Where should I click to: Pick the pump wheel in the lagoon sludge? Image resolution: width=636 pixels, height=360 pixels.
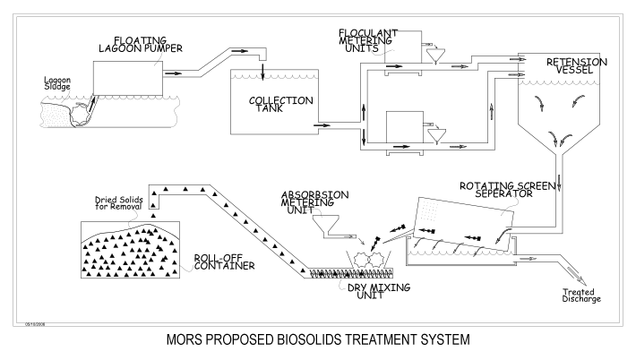81,114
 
